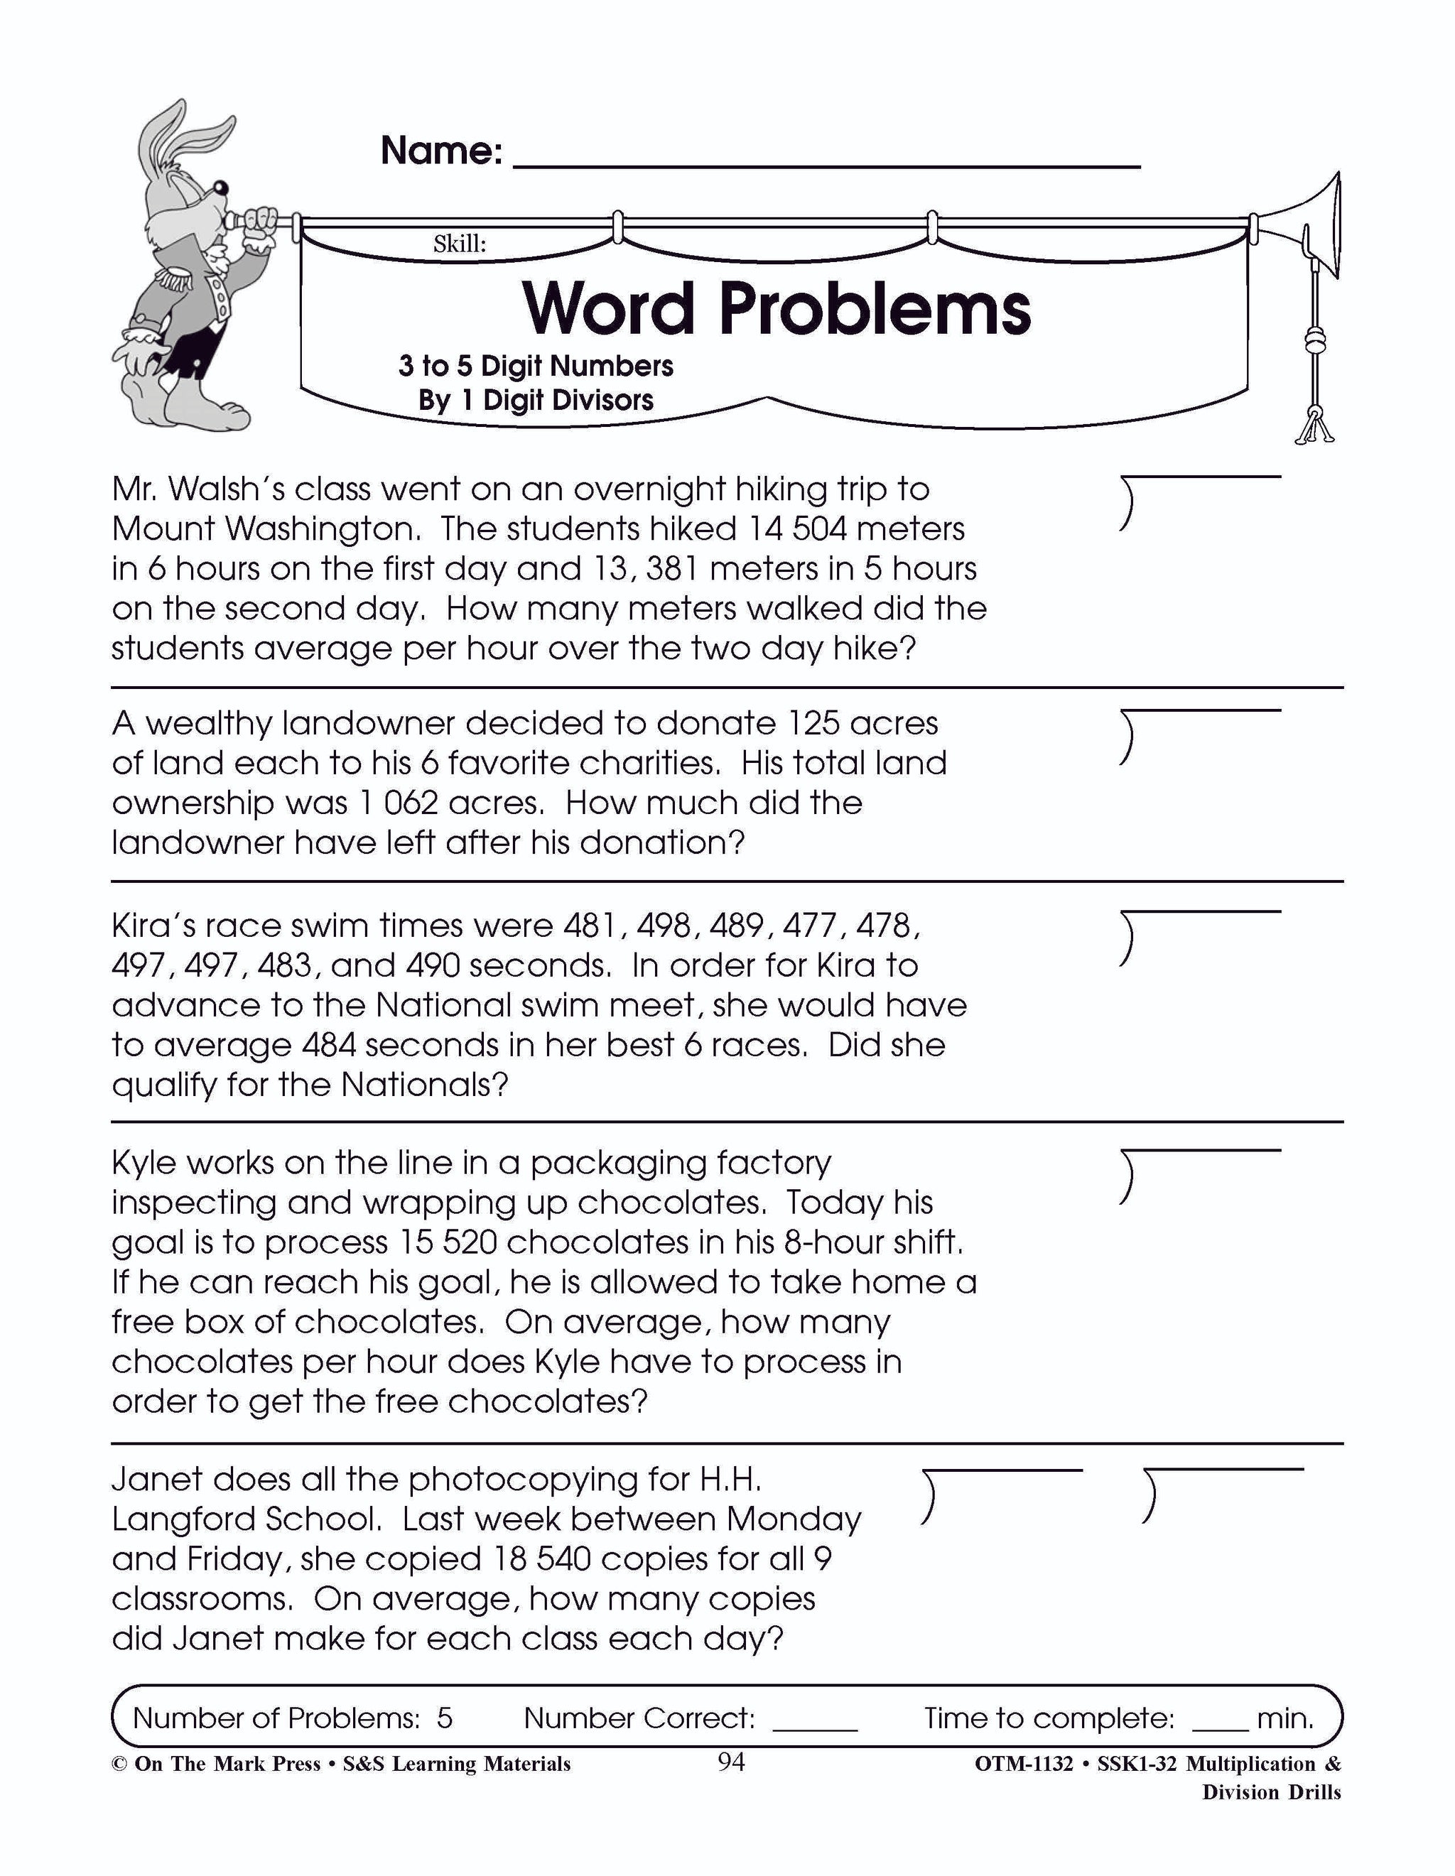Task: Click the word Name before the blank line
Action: point(440,151)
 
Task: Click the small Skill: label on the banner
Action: point(460,244)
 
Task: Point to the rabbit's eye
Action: point(221,186)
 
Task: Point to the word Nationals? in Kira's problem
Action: point(424,1085)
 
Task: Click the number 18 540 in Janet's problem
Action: point(541,1559)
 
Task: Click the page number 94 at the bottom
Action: point(731,1762)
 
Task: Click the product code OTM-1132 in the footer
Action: point(1024,1764)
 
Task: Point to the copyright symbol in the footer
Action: point(119,1764)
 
